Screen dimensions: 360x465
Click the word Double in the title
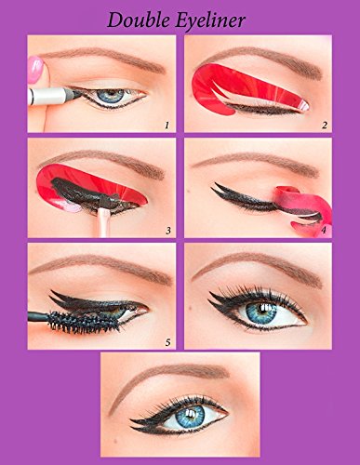point(139,20)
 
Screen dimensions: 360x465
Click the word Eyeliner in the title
point(210,21)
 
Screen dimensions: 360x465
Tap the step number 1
point(167,126)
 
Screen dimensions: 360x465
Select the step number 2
point(325,126)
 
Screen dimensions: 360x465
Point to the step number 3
point(168,231)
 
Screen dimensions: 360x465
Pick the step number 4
point(324,230)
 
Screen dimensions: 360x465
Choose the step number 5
point(167,342)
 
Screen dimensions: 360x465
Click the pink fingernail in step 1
point(34,70)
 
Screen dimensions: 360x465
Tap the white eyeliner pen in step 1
point(54,96)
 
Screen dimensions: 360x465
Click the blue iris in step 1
point(113,96)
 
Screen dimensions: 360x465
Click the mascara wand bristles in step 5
point(85,321)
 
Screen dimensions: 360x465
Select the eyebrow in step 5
point(102,267)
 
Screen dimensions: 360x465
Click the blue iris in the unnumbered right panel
point(262,312)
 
